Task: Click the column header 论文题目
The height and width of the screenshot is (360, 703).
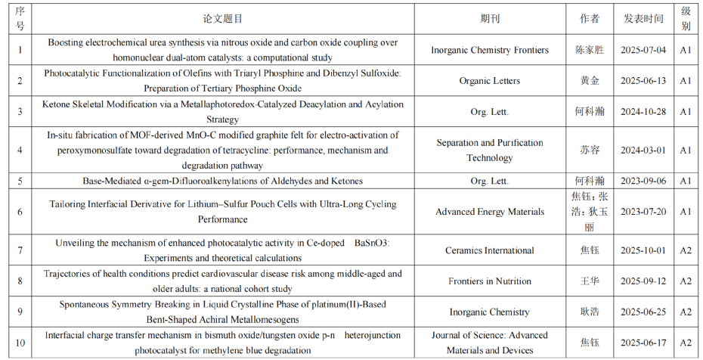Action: point(223,19)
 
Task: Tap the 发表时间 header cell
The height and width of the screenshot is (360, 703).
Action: point(643,19)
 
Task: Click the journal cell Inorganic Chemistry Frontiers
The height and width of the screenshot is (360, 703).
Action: point(490,50)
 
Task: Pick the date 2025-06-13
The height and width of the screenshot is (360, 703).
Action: point(643,81)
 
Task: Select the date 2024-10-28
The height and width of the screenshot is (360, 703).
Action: point(643,111)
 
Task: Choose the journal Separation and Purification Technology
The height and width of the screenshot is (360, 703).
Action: point(490,150)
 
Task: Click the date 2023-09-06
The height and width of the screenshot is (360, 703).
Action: point(643,181)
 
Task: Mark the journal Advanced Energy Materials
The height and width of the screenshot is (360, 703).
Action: point(490,212)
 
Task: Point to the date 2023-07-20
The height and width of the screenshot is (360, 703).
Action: point(643,212)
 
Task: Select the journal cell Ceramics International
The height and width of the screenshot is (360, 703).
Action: point(490,250)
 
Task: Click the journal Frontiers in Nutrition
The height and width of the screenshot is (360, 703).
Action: point(490,281)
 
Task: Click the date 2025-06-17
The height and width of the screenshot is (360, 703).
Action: point(643,343)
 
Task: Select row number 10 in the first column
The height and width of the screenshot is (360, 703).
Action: point(20,343)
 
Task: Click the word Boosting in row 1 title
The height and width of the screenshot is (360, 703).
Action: point(66,43)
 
